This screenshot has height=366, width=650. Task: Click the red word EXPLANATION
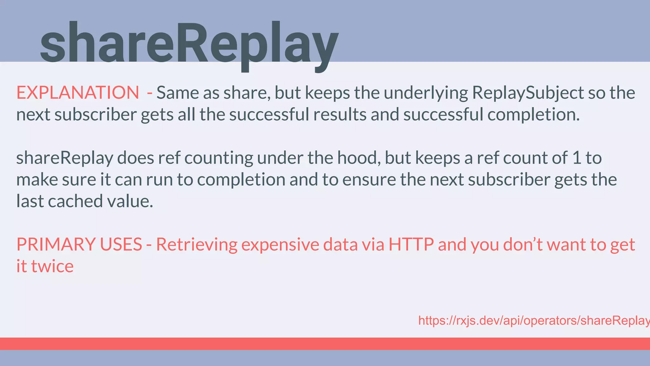coord(78,93)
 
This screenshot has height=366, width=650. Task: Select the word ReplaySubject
coord(528,93)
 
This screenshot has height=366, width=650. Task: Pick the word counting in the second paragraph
coord(219,158)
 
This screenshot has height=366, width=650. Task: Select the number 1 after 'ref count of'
coord(577,158)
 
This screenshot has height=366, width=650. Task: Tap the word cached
coord(76,201)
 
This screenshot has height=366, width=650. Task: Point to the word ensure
coord(369,180)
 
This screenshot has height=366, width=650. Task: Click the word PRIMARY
coord(56,244)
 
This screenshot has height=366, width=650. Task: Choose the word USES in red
coord(121,244)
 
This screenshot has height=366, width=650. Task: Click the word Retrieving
coord(197,244)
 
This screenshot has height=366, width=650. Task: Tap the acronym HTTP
coord(411,244)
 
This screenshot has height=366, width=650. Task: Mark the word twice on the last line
coord(52,266)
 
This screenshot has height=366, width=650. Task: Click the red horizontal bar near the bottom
coord(325,343)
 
